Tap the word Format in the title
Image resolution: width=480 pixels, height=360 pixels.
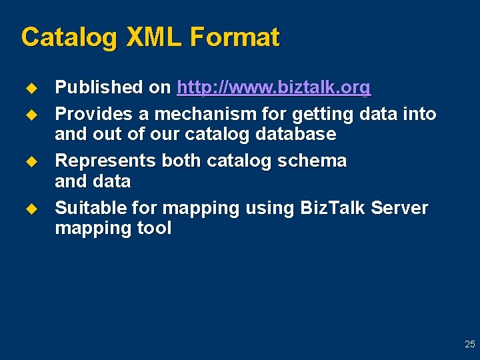234,37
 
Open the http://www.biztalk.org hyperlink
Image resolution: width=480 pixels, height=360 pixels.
273,88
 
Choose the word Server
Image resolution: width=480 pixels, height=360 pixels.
400,208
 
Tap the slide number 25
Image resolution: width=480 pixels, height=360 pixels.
469,345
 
